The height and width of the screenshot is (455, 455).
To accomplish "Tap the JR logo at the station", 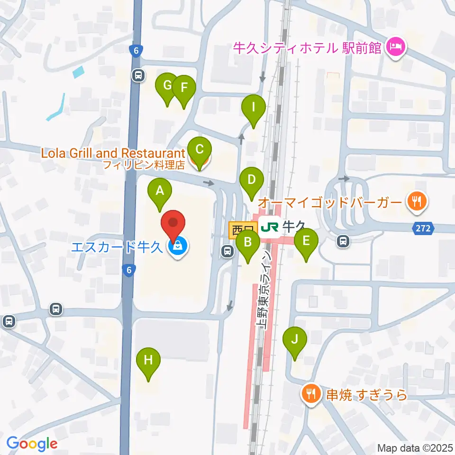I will pyautogui.click(x=269, y=228).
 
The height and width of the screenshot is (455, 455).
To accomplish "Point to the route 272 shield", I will pyautogui.click(x=424, y=228).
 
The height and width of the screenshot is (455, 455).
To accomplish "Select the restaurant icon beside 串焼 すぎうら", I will pyautogui.click(x=311, y=394).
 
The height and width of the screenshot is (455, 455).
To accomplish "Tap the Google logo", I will pyautogui.click(x=32, y=444).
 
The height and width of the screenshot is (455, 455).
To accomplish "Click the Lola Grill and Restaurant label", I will pyautogui.click(x=112, y=153).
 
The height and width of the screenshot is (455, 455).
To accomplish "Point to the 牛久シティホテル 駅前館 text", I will pyautogui.click(x=307, y=47).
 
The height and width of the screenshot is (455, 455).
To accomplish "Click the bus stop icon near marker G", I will pyautogui.click(x=138, y=75).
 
